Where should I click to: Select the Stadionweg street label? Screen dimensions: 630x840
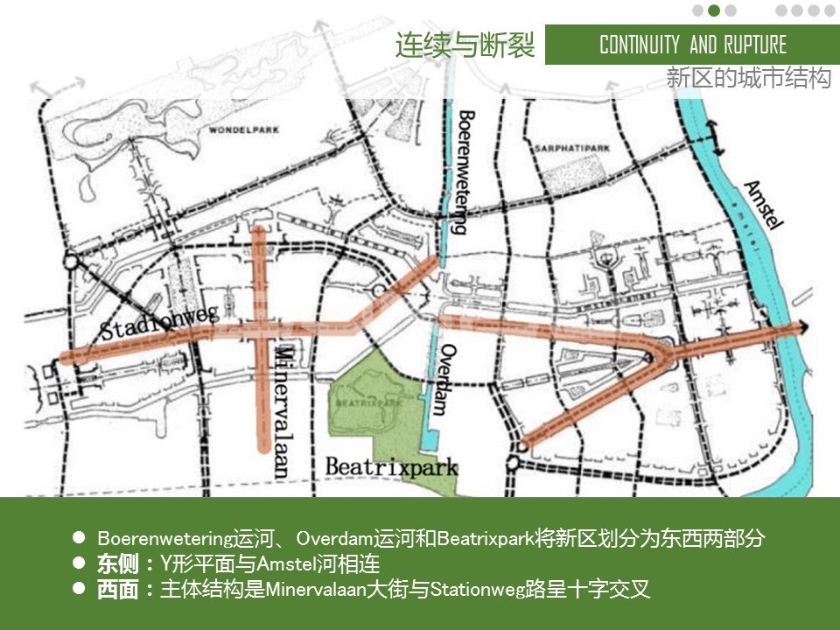coord(157,320)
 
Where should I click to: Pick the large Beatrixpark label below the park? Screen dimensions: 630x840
coord(391,466)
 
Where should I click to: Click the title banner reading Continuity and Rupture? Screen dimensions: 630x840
coord(692,45)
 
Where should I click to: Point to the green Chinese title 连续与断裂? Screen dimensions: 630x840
coord(465,45)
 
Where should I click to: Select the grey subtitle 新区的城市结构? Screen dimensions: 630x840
coord(748,78)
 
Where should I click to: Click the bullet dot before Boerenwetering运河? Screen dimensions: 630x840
coord(79,536)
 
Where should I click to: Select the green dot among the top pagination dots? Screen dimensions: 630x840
coord(714,10)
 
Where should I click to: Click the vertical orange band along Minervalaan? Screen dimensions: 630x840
coord(260,385)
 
